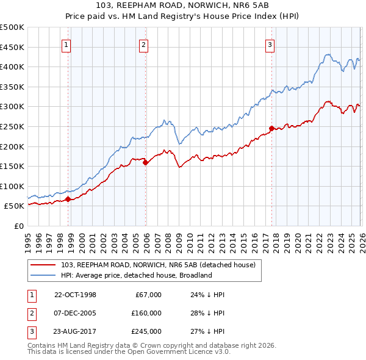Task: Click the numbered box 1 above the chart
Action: click(x=65, y=44)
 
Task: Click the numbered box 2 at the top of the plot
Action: click(x=143, y=44)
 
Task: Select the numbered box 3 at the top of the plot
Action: click(x=269, y=44)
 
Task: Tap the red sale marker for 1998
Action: click(x=69, y=199)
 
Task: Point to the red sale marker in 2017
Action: click(x=271, y=128)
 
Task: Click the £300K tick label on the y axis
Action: click(x=12, y=107)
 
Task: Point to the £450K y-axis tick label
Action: click(x=12, y=47)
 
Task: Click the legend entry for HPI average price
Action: click(x=136, y=275)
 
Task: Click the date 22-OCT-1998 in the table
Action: click(x=75, y=295)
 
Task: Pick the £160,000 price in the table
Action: click(x=146, y=313)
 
